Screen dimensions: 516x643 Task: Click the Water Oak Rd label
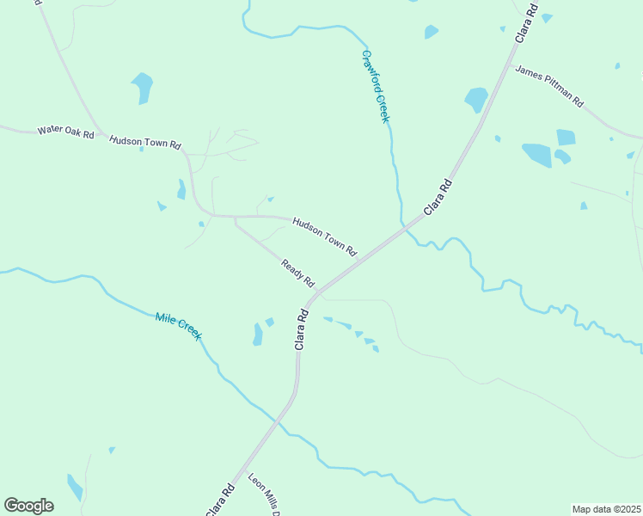tap(65, 132)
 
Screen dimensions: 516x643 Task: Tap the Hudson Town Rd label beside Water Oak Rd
tap(144, 142)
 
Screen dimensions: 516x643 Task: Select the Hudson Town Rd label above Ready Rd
tap(324, 236)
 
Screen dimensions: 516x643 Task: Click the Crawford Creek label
tap(376, 86)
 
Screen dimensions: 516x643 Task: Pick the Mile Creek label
tap(179, 327)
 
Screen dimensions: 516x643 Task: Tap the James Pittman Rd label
tap(549, 85)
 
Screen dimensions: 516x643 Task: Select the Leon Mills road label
tap(265, 495)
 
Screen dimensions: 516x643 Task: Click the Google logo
tap(28, 506)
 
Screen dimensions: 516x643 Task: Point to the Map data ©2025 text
tap(605, 509)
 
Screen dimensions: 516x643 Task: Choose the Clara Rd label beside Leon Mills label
tap(221, 501)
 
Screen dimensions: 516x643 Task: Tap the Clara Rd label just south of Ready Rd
tap(302, 329)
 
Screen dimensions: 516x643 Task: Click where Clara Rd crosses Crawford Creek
tap(403, 227)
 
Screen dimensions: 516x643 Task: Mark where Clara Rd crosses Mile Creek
tap(276, 421)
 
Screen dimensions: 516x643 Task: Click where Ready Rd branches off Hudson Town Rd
tap(235, 217)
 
